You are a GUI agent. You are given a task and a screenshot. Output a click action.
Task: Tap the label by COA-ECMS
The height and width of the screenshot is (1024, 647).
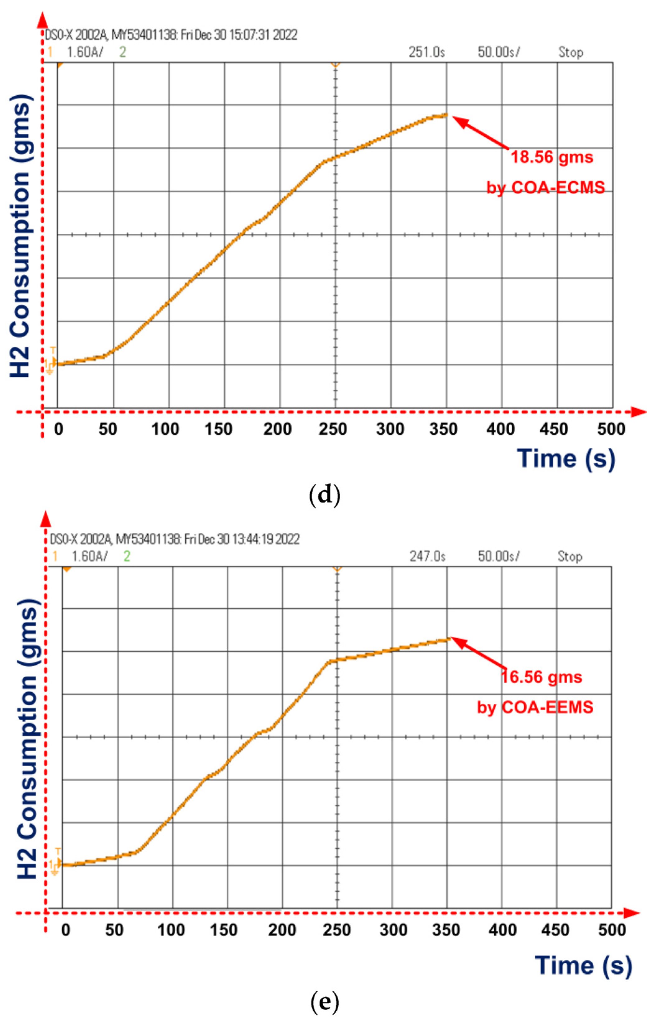click(x=545, y=187)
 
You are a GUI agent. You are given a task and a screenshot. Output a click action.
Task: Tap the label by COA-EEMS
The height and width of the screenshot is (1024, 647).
click(x=535, y=707)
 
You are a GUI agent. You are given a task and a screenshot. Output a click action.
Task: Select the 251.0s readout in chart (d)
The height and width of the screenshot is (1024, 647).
click(x=427, y=52)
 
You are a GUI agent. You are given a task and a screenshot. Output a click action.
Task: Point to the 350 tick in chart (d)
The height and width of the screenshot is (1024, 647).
click(x=443, y=429)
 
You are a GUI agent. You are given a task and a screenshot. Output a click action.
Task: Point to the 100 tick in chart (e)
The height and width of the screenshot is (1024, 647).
click(x=171, y=930)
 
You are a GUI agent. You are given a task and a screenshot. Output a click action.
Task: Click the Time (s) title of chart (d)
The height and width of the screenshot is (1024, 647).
click(x=566, y=459)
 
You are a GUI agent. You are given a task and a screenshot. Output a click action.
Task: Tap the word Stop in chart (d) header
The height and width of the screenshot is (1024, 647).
click(x=571, y=52)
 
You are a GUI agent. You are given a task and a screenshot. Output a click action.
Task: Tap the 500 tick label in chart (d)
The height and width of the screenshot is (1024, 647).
click(x=611, y=429)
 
